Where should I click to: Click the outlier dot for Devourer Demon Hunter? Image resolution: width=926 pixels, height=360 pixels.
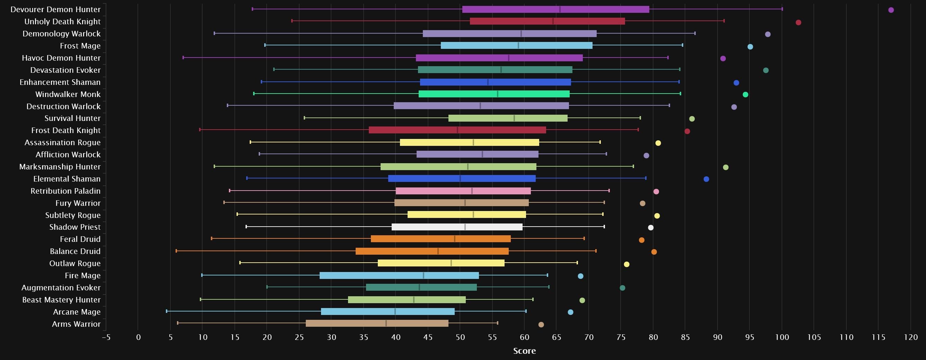tap(891, 10)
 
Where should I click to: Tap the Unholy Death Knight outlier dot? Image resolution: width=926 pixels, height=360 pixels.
tap(798, 23)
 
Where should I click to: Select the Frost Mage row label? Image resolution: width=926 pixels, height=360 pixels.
tap(80, 46)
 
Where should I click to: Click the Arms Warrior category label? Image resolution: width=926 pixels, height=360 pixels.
tap(76, 324)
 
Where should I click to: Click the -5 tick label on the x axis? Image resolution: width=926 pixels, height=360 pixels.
tap(106, 337)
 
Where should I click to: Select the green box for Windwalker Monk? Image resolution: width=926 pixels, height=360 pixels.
tap(494, 94)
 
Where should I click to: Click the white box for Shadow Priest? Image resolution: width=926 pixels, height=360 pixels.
tap(457, 227)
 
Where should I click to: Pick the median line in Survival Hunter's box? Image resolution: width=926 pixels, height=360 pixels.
tap(514, 118)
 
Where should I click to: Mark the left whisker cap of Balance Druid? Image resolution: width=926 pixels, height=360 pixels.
tap(176, 251)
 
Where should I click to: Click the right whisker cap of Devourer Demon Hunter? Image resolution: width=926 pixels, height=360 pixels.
tap(782, 9)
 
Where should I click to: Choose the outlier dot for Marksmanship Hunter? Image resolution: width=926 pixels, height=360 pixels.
tap(725, 167)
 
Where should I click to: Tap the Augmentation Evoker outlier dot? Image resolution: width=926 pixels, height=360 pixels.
tap(622, 288)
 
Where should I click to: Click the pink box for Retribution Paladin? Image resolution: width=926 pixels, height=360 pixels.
tap(463, 191)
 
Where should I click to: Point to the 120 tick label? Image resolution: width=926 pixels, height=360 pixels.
tap(910, 337)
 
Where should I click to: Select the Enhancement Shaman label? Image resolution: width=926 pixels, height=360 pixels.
tap(60, 82)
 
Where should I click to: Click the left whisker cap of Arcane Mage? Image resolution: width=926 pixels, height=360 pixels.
tap(167, 311)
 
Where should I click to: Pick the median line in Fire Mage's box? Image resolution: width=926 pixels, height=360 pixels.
tap(424, 275)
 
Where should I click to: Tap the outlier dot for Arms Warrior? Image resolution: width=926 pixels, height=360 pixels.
tap(541, 325)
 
